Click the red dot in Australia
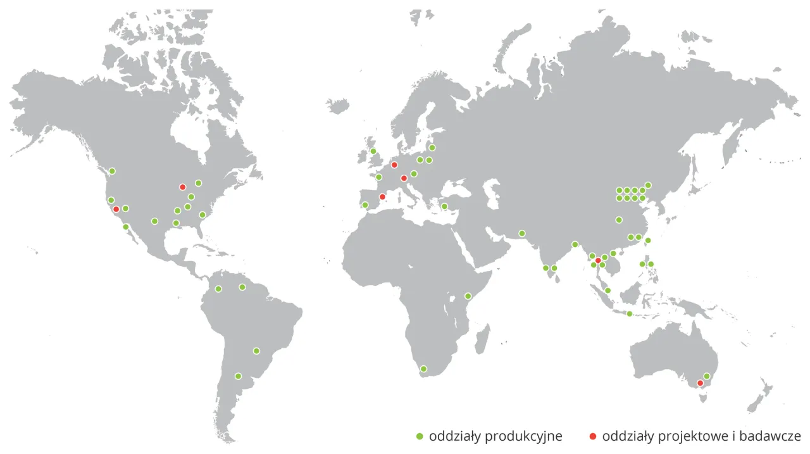pos(700,383)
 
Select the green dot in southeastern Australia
pos(707,376)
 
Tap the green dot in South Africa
pos(424,369)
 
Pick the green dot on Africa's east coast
pos(468,296)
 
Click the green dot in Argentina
pos(238,376)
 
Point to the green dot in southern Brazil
pos(256,351)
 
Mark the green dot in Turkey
pos(444,206)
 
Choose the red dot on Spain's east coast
pos(382,197)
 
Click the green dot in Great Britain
pos(373,151)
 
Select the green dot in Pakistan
pos(522,233)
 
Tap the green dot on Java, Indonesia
pos(629,313)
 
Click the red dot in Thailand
pos(598,260)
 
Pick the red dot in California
pos(116,209)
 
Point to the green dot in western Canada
pos(112,171)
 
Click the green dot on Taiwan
pos(648,241)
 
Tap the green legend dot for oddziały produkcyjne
pos(419,436)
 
